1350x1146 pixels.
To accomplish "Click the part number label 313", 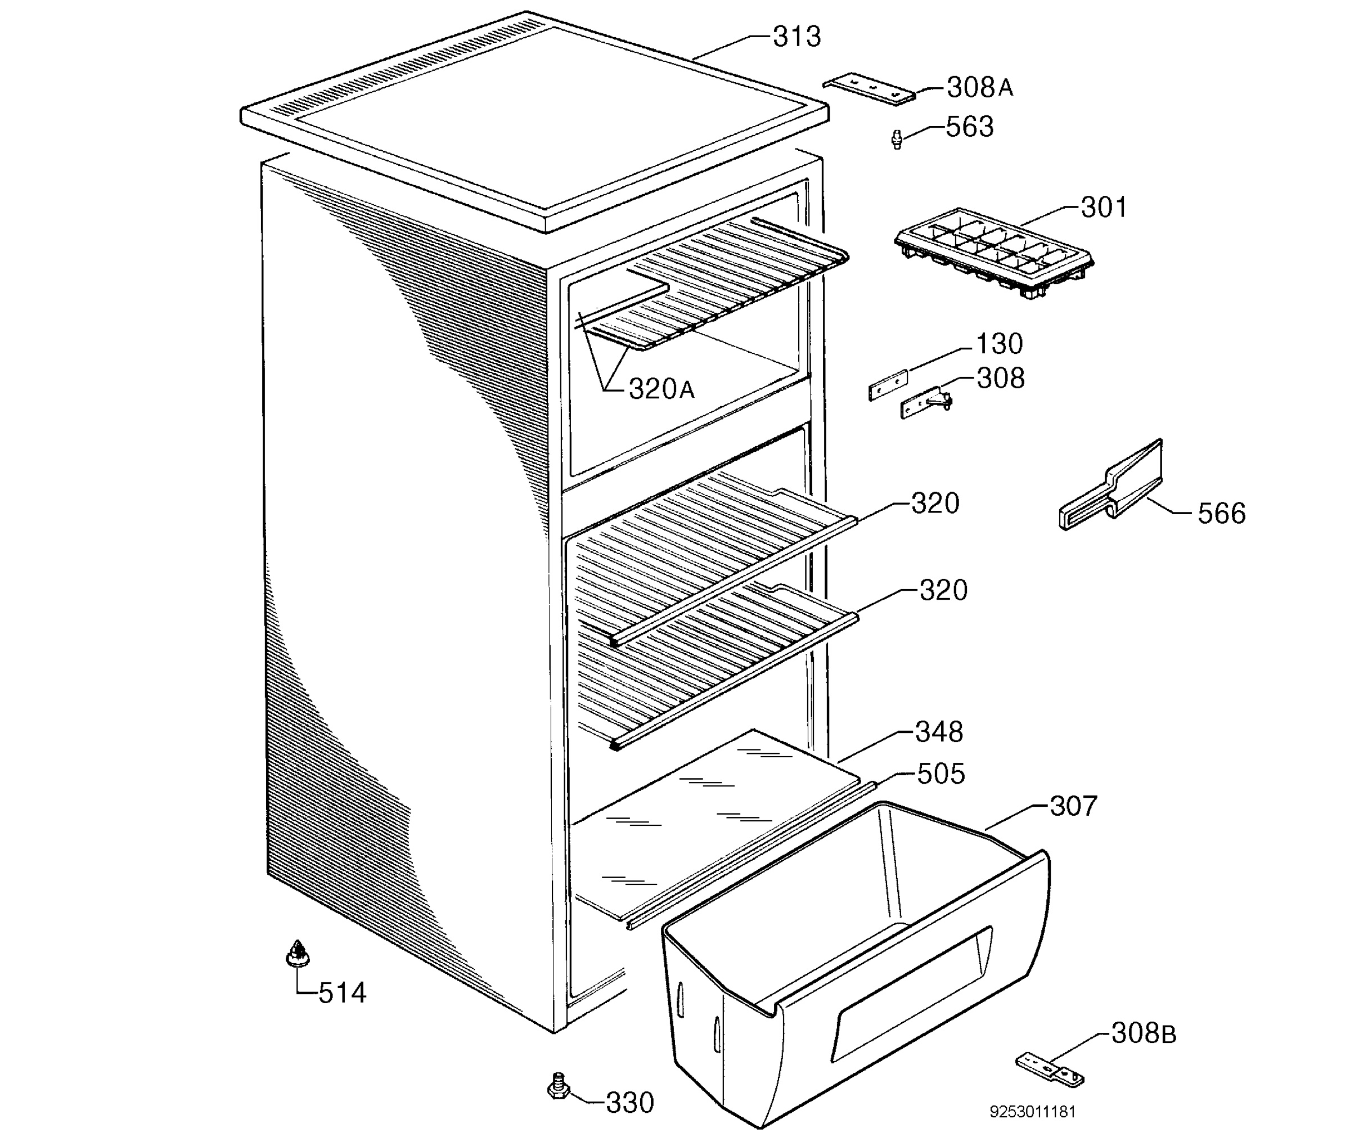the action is point(796,37).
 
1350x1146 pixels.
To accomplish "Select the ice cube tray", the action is point(993,253).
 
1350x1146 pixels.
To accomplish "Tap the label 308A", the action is point(979,87).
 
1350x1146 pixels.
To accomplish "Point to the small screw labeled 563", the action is point(897,139).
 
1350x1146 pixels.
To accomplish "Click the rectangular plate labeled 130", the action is point(888,385).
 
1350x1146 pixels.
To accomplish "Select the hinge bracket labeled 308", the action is point(926,404).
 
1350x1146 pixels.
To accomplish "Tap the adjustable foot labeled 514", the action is point(298,953).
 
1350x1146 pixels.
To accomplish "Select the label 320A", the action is point(661,389).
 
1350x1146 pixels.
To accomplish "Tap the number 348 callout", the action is point(939,732).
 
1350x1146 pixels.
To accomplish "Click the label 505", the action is point(940,774).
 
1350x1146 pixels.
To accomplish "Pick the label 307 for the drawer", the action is point(1073,806).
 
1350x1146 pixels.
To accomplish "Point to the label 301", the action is point(1104,207).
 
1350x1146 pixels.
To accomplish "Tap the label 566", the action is point(1221,513).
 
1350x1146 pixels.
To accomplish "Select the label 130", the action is point(1000,344).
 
